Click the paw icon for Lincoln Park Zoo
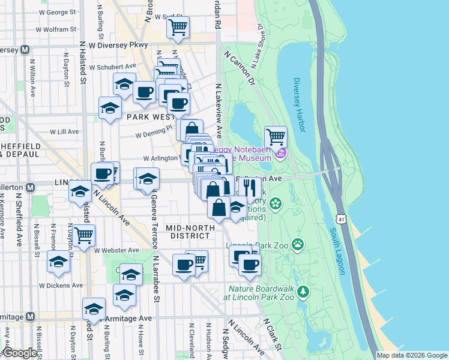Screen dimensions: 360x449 (x=298, y=244)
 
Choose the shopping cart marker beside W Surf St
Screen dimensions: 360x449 (x=178, y=27)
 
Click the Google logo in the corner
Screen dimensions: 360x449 (x=19, y=353)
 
